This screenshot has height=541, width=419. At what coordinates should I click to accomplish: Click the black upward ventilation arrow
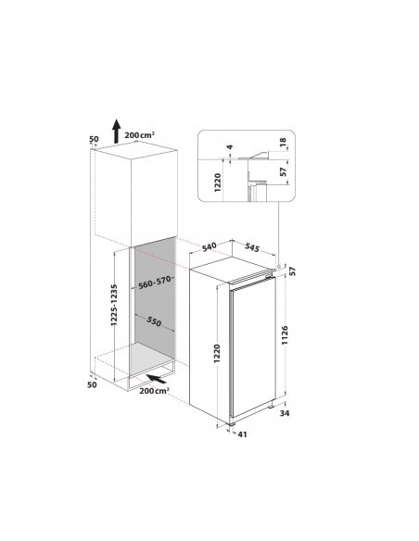tap(117, 132)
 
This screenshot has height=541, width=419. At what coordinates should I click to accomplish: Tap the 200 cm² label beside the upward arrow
tap(139, 135)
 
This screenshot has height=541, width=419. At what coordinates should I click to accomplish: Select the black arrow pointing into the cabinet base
tap(156, 379)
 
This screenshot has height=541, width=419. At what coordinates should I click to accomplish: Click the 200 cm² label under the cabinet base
tap(154, 391)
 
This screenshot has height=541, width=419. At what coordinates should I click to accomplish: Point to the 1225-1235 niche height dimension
tap(114, 305)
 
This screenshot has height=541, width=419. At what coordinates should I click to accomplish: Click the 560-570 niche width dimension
tap(155, 283)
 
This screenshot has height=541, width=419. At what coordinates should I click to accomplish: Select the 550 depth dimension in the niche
tap(154, 321)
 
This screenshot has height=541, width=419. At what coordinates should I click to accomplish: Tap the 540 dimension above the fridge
tap(209, 247)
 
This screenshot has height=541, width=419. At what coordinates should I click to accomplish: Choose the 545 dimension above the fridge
tap(251, 247)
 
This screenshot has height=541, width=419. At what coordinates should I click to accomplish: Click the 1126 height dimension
tap(285, 335)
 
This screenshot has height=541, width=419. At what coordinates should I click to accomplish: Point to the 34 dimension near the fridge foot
tap(285, 413)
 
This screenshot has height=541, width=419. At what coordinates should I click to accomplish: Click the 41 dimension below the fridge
tap(243, 434)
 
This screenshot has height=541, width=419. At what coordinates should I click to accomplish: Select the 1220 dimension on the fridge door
tap(217, 353)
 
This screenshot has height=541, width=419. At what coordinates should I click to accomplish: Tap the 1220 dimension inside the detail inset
tap(218, 182)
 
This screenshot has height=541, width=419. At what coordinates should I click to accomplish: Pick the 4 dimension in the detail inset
tap(230, 147)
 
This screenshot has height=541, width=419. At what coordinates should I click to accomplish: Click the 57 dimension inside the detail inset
tap(283, 171)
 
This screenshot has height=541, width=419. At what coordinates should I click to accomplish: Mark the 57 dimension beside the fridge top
tap(293, 271)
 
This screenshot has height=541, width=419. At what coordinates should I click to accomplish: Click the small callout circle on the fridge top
tap(278, 267)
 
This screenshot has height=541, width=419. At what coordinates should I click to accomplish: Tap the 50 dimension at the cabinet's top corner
tap(94, 139)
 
